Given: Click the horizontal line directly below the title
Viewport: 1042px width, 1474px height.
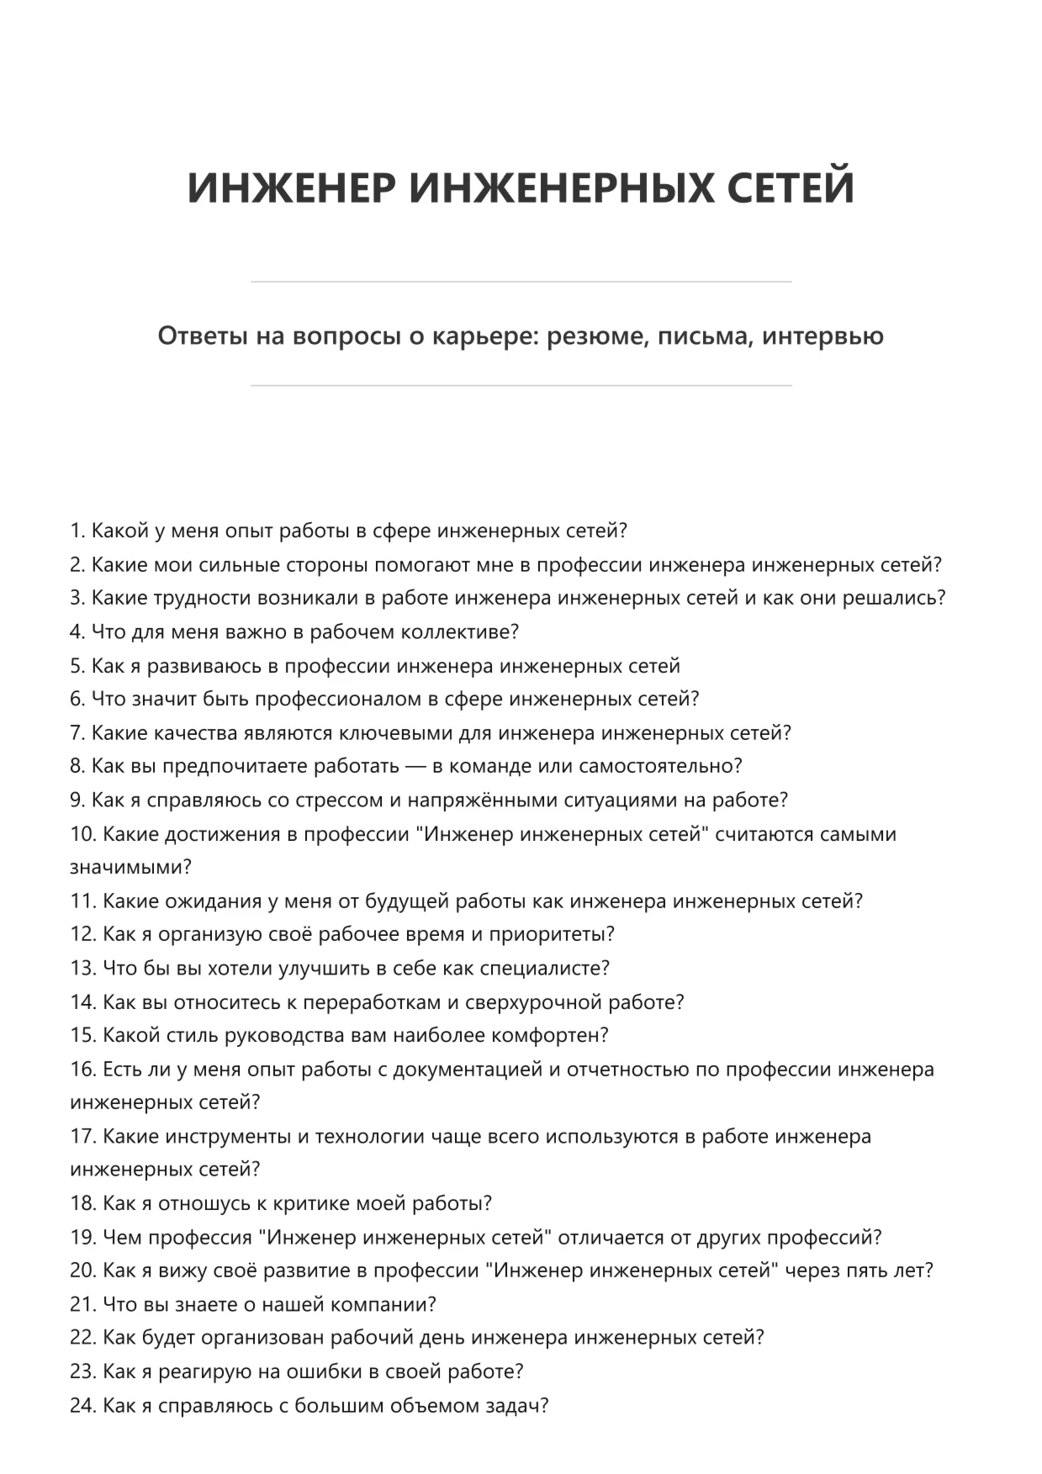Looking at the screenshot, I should (x=521, y=282).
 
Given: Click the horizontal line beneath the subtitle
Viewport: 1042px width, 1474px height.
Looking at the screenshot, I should (x=521, y=386).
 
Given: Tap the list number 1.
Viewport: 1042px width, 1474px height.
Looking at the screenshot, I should (x=77, y=531).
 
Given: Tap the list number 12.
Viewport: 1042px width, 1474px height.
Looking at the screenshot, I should (x=82, y=934).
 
